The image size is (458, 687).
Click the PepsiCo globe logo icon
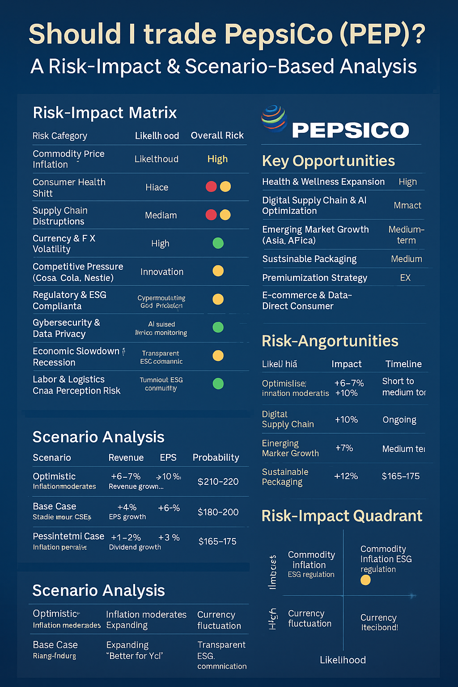(x=274, y=119)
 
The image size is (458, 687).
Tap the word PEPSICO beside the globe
(x=350, y=130)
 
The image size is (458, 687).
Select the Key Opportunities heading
(x=328, y=161)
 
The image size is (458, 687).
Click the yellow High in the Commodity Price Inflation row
(x=217, y=159)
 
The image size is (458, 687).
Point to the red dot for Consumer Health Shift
(x=211, y=187)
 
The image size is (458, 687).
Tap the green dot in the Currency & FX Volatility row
(x=218, y=243)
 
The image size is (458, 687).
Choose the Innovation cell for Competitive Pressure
(x=161, y=272)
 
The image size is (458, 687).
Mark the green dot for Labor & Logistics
(x=218, y=383)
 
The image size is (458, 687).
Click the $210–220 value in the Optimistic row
(x=218, y=482)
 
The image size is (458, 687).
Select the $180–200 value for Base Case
(x=218, y=512)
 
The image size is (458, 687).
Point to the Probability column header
(x=216, y=458)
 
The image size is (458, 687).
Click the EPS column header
(x=168, y=458)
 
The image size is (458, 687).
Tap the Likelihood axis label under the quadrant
(x=343, y=660)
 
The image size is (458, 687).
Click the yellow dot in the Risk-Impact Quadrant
(x=365, y=580)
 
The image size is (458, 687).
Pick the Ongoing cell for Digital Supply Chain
(x=399, y=420)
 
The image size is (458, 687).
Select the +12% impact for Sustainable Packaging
(x=346, y=476)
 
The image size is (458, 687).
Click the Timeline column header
(x=403, y=364)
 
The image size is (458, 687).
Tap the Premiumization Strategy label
(x=314, y=278)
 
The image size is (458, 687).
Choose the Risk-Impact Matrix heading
(x=105, y=113)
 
